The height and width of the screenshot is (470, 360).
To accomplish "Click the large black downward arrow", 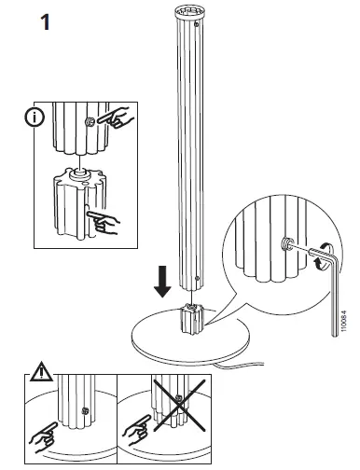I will tap(163, 279).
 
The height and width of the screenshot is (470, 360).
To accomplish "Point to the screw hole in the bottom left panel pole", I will tap(86, 411).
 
